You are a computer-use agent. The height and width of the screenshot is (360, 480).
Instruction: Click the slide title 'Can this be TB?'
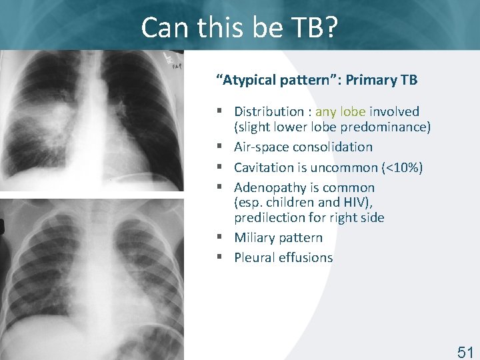[x=239, y=27]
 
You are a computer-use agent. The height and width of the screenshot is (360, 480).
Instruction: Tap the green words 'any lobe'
[x=341, y=111]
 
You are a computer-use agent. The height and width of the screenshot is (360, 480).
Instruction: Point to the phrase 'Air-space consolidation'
[x=303, y=147]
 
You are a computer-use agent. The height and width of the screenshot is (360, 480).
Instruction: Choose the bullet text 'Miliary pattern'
[x=278, y=237]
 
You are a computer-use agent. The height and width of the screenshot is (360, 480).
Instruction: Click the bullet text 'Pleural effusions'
[x=283, y=257]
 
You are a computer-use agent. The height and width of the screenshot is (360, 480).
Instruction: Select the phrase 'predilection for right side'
[x=309, y=217]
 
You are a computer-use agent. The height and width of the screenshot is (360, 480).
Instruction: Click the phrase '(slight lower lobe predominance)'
[x=332, y=127]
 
